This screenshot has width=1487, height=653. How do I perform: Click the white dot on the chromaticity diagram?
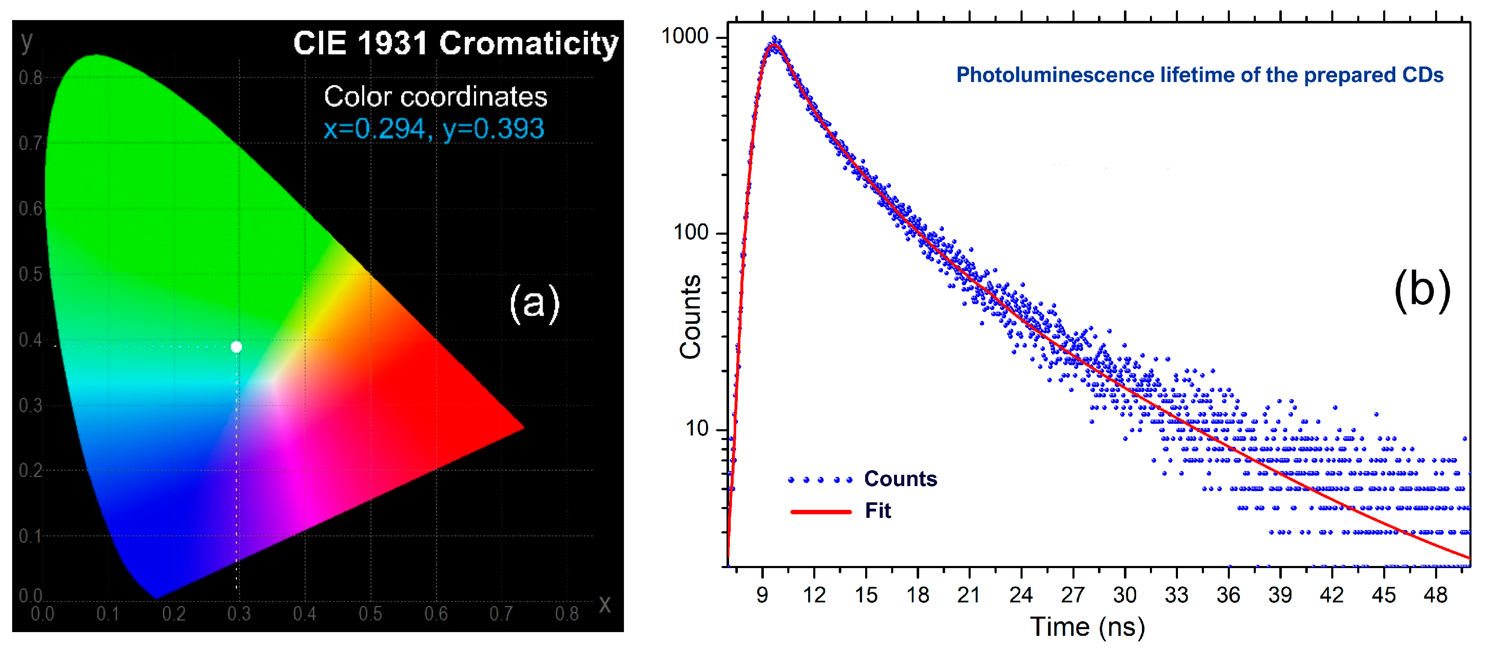pos(236,347)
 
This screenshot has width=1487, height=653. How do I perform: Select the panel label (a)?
pos(534,302)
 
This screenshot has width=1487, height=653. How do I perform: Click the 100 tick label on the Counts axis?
pos(691,233)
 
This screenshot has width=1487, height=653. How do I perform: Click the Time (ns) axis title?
pos(1088,627)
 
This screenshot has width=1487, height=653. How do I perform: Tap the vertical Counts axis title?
pos(691,317)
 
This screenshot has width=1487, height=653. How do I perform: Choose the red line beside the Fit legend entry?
pos(820,512)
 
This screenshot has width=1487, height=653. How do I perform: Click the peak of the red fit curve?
pos(774,45)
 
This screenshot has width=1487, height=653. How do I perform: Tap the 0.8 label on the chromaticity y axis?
pos(30,77)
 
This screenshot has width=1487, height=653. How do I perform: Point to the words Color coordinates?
pos(435,96)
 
